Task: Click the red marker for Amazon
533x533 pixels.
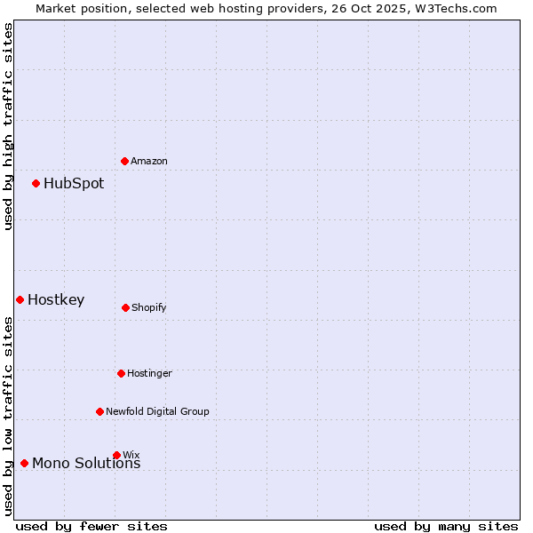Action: [125, 161]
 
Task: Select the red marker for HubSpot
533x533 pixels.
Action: [36, 184]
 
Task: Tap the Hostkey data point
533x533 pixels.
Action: [20, 299]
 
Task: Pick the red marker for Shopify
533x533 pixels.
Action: [125, 307]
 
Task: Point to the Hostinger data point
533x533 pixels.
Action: [121, 373]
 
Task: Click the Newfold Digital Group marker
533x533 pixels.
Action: [99, 411]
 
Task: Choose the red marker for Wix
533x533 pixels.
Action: [116, 455]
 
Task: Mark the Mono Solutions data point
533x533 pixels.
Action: [24, 463]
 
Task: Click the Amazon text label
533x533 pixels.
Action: [149, 161]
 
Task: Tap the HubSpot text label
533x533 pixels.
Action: [74, 184]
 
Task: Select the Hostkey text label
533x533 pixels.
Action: [56, 300]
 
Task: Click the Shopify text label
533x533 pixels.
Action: [149, 307]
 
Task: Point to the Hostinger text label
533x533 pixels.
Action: [149, 373]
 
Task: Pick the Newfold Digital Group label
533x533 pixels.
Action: [157, 411]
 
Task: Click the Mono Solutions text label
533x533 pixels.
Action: [86, 464]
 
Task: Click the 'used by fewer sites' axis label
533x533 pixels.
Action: [91, 526]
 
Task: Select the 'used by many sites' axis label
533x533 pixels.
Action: [446, 526]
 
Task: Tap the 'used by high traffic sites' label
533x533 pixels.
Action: [8, 127]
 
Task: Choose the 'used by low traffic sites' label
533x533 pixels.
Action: [8, 416]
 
